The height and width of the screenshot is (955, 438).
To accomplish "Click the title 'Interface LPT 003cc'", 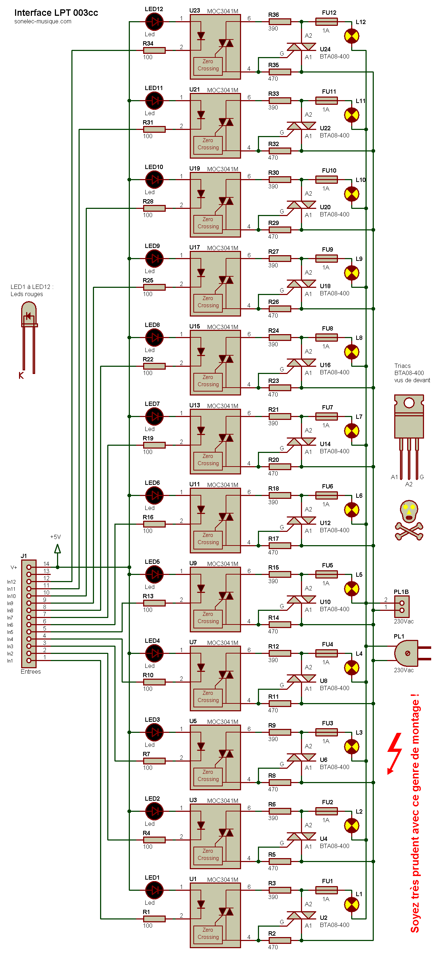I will (56, 13).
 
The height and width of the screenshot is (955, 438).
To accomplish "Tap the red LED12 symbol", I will (154, 22).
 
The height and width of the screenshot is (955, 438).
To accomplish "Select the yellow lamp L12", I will (352, 36).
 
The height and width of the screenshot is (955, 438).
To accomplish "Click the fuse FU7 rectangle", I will (326, 416).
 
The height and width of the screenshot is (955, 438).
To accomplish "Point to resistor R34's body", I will (154, 50).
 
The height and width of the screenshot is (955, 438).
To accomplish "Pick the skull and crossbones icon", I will (409, 520).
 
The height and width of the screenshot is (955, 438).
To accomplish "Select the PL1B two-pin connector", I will (402, 607).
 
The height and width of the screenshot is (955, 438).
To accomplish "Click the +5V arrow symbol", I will (57, 549).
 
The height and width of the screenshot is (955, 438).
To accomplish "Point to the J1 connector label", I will (24, 556).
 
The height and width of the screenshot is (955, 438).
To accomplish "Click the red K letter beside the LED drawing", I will (21, 375).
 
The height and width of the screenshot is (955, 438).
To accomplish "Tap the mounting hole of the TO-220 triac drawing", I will (409, 403).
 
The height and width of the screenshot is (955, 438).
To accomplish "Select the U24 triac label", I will (325, 49).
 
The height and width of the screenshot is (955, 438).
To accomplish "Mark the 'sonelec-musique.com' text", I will (43, 22).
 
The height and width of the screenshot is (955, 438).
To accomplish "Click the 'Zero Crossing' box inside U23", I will (208, 65).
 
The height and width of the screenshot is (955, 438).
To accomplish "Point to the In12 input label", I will (11, 582).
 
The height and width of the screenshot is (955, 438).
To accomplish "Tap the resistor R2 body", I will (279, 940).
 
